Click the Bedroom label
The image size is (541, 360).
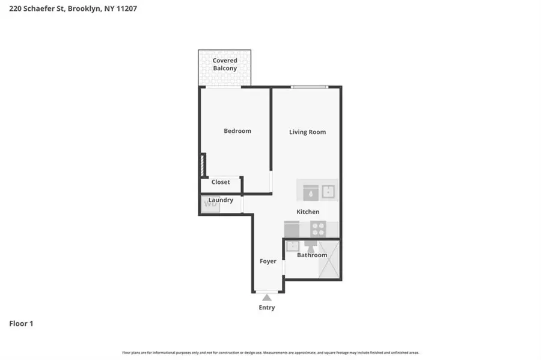tap(237, 131)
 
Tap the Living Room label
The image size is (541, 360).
tap(307, 132)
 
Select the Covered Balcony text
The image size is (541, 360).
tap(225, 64)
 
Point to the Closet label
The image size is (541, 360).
tap(221, 182)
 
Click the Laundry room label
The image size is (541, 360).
tap(221, 200)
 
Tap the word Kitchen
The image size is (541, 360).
tap(308, 212)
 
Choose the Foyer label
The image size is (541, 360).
tap(268, 261)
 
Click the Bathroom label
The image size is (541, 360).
tap(312, 255)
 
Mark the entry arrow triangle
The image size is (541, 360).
tap(267, 297)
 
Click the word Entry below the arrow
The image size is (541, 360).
tap(267, 308)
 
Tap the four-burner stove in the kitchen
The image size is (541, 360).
tap(318, 229)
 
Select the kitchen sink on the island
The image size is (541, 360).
tap(328, 192)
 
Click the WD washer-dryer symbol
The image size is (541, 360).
tap(210, 204)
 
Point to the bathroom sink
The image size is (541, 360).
tap(292, 245)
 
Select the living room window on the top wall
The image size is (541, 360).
tap(310, 88)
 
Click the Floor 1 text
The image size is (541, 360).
tap(21, 324)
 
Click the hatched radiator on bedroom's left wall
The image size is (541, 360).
tap(203, 165)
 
